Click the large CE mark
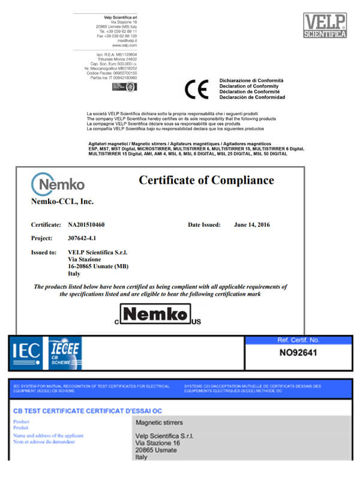[196, 89]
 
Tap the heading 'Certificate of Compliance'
[206, 181]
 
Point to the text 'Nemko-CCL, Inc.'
[62, 202]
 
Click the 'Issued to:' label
[44, 253]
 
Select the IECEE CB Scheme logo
[65, 353]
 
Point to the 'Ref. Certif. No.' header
[299, 340]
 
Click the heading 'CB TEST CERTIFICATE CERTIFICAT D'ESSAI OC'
[88, 410]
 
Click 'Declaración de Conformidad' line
[252, 97]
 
